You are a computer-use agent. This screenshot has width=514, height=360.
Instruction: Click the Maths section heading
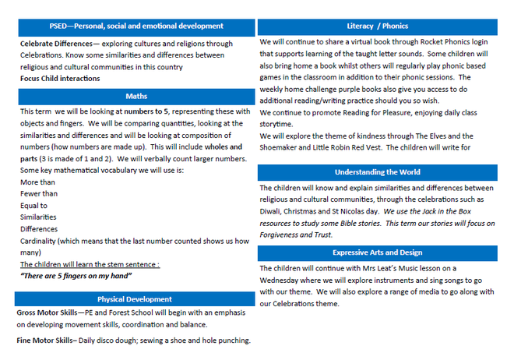pyautogui.click(x=136, y=96)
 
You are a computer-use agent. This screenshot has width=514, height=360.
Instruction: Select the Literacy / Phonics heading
pyautogui.click(x=377, y=26)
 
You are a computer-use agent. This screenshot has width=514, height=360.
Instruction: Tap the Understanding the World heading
pyautogui.click(x=377, y=171)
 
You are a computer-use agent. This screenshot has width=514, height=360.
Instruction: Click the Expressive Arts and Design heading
pyautogui.click(x=377, y=252)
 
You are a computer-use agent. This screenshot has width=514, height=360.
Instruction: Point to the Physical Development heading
pyautogui.click(x=135, y=299)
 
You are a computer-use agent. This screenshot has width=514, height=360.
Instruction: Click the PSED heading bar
pyautogui.click(x=136, y=26)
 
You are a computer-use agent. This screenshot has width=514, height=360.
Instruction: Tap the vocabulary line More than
pyautogui.click(x=37, y=181)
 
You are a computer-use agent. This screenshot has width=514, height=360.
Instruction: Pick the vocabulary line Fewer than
pyautogui.click(x=39, y=193)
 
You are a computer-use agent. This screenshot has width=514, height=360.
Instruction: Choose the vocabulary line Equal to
pyautogui.click(x=35, y=205)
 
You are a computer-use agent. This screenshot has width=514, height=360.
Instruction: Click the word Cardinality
pyautogui.click(x=40, y=241)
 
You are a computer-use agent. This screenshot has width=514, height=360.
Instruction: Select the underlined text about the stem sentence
pyautogui.click(x=90, y=264)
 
